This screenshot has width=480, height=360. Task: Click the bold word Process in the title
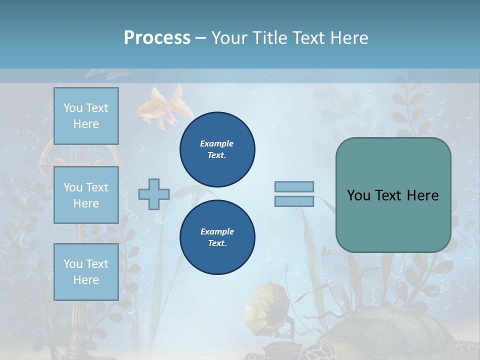[157, 38]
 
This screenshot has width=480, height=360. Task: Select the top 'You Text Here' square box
[86, 116]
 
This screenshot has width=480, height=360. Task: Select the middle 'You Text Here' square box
[86, 195]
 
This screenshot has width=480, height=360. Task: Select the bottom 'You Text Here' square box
[86, 272]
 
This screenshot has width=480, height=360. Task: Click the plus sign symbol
[154, 194]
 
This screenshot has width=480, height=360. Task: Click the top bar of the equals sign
[294, 186]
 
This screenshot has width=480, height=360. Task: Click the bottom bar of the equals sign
[294, 201]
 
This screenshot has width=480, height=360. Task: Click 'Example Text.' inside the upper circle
[217, 149]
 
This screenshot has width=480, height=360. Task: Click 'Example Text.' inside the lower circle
[217, 237]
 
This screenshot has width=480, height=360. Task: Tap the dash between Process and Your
[200, 38]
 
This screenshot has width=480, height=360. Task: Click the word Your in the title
[227, 38]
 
